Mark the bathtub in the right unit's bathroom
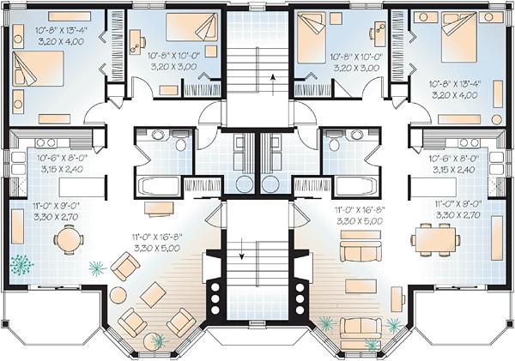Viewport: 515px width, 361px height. pyautogui.click(x=354, y=184)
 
